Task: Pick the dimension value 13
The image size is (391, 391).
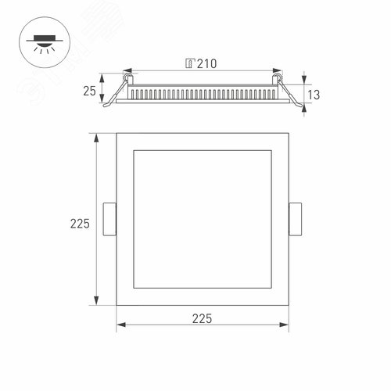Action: click(314, 95)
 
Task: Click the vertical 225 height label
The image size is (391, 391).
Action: click(80, 224)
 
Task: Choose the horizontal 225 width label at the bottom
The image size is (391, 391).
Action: click(202, 318)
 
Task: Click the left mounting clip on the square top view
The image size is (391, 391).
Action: click(109, 219)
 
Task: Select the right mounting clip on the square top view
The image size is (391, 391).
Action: click(296, 219)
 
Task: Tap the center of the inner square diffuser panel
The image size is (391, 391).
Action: click(203, 219)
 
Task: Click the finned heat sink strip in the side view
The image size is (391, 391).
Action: click(203, 94)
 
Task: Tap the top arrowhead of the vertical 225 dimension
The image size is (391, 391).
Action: click(96, 136)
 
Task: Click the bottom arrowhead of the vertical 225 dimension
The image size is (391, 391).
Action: click(96, 302)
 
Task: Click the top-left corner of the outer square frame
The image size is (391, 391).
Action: click(117, 134)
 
